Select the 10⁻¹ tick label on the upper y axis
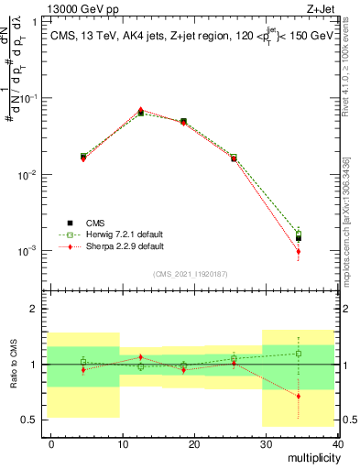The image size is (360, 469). coord(29,98)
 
